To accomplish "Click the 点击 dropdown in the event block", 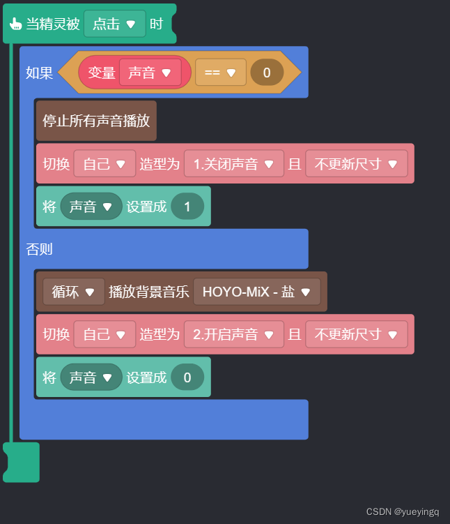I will [x=115, y=24].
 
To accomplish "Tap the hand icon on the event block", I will [x=15, y=24].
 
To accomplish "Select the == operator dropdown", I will [x=220, y=72].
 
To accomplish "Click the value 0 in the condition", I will [x=267, y=72].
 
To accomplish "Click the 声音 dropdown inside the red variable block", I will [x=150, y=72].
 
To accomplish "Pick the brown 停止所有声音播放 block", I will [x=96, y=120].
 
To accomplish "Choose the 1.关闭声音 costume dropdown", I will [x=234, y=164].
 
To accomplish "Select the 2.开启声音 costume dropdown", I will [x=234, y=334].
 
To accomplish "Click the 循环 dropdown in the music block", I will [x=73, y=292].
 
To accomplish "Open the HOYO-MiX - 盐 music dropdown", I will [x=256, y=292].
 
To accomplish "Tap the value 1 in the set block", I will [x=187, y=207].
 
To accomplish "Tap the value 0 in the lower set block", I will [x=187, y=377].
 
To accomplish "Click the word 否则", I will [x=39, y=249].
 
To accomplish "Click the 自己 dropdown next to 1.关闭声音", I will [x=104, y=164].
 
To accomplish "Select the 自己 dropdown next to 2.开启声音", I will [x=104, y=334].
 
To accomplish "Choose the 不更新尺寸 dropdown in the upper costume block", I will [x=356, y=164].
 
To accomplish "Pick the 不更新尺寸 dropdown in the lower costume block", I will [x=356, y=334].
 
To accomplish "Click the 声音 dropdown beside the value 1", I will [x=91, y=207].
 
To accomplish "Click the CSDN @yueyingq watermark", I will [x=403, y=511].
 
